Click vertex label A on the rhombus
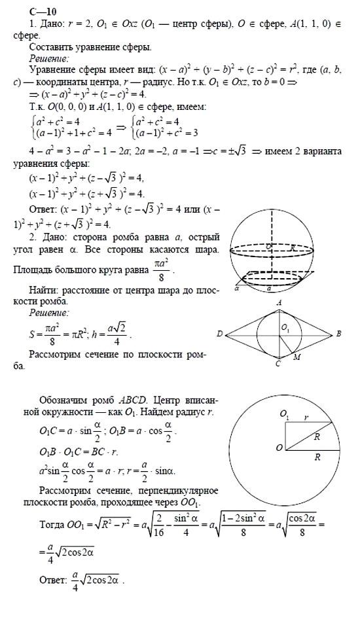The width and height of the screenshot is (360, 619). pos(279,303)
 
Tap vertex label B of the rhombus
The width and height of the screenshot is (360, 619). pos(338,334)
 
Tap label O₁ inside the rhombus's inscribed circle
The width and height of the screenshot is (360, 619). pos(285,328)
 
